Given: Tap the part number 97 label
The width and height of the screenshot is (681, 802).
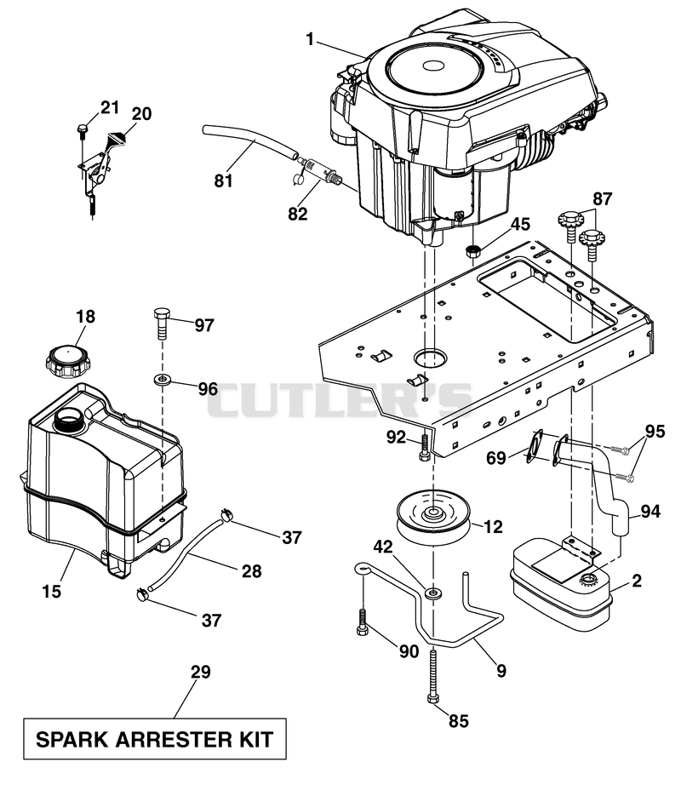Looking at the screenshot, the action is tap(204, 325).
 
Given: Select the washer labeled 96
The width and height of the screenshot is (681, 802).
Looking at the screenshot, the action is tap(163, 381).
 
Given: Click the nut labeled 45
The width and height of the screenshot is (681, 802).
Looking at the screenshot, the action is tap(474, 252).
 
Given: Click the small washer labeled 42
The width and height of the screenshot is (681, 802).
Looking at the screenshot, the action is tap(433, 593).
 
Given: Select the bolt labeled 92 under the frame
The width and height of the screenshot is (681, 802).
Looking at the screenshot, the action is tap(423, 449).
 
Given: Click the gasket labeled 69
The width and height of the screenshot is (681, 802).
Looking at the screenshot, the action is tap(535, 446).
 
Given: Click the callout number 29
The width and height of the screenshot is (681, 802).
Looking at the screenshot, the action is tap(200, 672).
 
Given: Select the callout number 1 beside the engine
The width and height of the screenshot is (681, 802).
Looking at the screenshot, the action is tap(310, 39).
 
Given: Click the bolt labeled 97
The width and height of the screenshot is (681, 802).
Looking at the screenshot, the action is tap(162, 323).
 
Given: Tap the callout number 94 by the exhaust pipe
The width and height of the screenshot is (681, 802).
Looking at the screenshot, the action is tap(650, 511).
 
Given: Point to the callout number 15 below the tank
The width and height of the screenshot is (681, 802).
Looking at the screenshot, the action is tap(52, 591).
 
